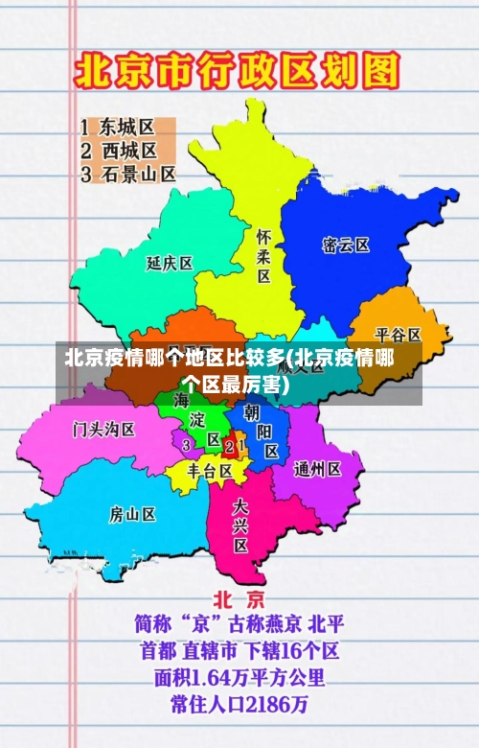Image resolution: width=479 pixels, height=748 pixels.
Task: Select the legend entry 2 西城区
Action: pyautogui.click(x=118, y=151)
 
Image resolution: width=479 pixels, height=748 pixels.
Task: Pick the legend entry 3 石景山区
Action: pyautogui.click(x=128, y=174)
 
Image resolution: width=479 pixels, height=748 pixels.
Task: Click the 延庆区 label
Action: pyautogui.click(x=170, y=263)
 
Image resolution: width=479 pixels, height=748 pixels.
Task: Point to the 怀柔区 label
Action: pyautogui.click(x=263, y=255)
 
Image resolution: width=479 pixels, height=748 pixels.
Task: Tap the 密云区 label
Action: pyautogui.click(x=346, y=245)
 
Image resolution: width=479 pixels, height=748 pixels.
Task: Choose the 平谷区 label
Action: pyautogui.click(x=398, y=335)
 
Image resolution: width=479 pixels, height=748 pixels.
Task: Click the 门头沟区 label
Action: pyautogui.click(x=103, y=429)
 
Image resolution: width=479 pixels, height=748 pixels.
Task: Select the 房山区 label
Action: pyautogui.click(x=132, y=514)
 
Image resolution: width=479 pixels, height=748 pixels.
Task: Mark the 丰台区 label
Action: pyautogui.click(x=210, y=471)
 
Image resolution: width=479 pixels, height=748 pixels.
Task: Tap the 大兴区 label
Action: pyautogui.click(x=240, y=525)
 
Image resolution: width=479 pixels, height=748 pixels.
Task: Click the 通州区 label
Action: pyautogui.click(x=318, y=469)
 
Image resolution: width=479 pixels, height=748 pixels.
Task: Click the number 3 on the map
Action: pyautogui.click(x=186, y=445)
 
